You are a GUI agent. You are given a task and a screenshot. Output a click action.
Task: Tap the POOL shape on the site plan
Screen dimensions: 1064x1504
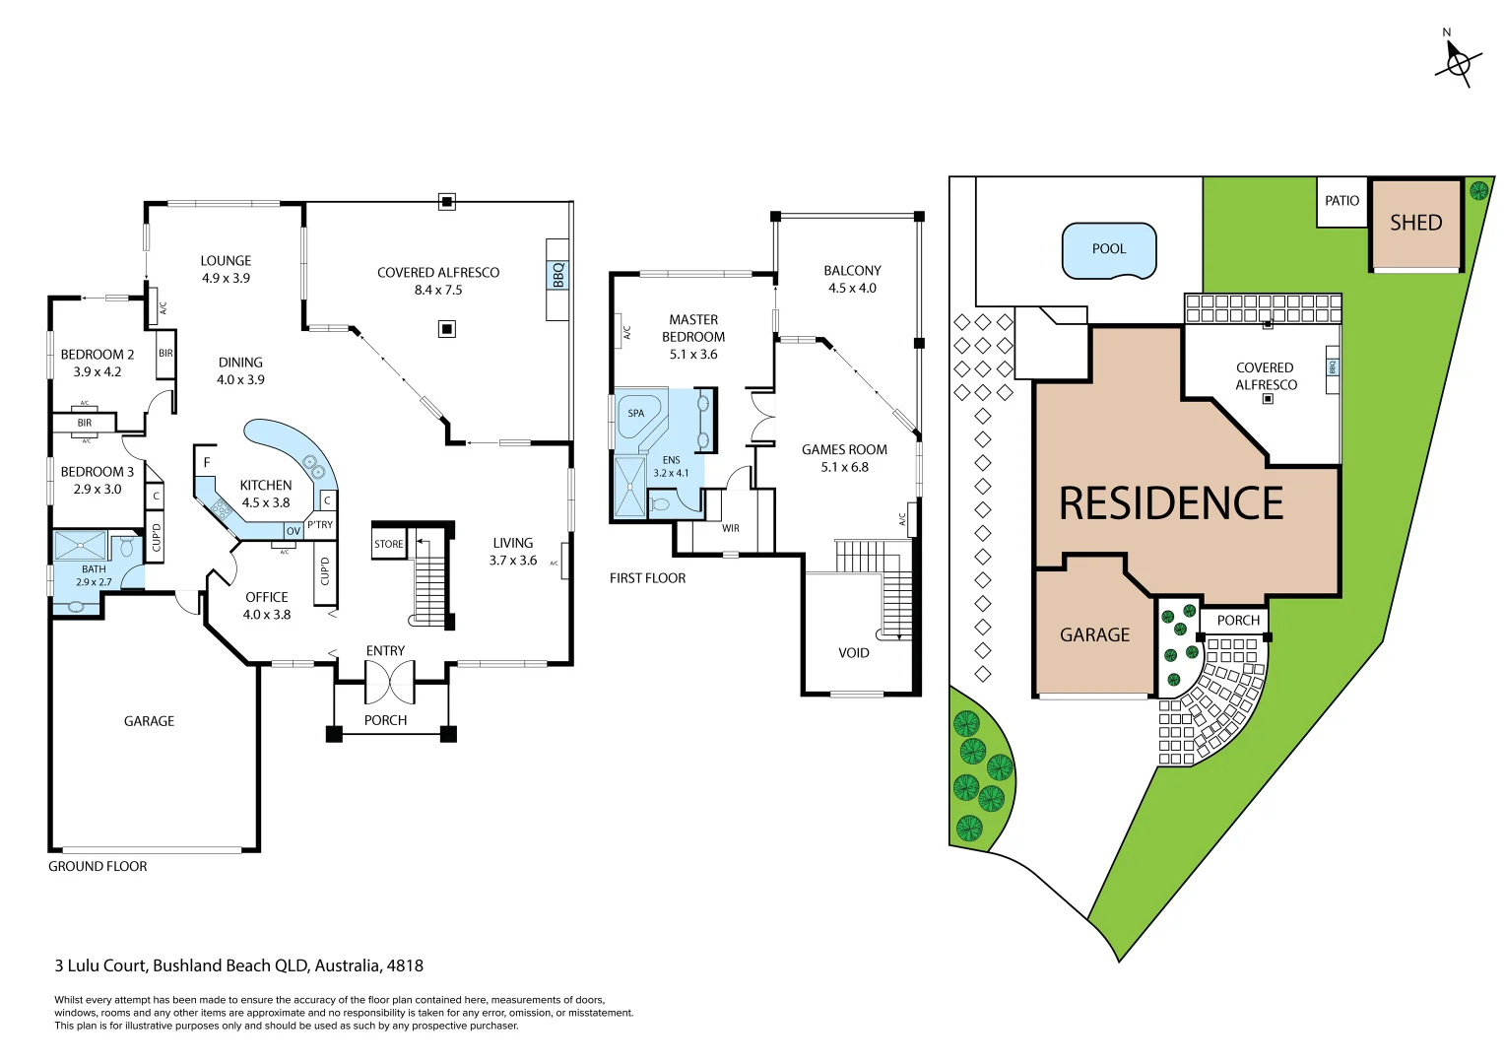pos(1109,250)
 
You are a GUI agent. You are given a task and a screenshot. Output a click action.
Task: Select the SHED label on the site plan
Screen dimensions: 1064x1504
pos(1415,224)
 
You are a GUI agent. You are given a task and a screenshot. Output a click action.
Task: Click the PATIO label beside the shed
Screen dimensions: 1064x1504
pos(1341,201)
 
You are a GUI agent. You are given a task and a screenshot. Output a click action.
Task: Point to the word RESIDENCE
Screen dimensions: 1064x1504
pos(1171,503)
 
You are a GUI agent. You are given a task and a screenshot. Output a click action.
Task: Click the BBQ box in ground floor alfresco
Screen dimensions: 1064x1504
pos(558,275)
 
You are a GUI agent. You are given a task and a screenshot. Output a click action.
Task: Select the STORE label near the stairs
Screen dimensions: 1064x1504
pos(389,544)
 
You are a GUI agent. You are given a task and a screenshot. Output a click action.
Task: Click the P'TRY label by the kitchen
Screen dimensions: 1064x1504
pos(320,525)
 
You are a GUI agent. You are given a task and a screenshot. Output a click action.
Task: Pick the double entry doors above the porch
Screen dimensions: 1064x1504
pos(389,680)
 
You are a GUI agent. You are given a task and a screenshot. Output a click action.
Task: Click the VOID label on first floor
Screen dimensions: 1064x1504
pos(854,653)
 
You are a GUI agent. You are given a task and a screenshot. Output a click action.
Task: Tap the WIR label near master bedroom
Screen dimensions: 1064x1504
pos(731,529)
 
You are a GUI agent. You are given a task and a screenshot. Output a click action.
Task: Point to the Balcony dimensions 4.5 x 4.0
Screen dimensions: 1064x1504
pos(852,289)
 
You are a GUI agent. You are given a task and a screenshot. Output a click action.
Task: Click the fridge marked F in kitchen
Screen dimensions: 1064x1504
pos(207,462)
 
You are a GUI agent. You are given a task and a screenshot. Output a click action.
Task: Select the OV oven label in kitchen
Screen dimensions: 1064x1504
pos(293,531)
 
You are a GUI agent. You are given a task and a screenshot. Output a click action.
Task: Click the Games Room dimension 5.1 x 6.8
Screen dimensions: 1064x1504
pos(844,468)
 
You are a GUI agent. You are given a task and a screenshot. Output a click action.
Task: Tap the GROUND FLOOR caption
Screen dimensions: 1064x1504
pos(98,867)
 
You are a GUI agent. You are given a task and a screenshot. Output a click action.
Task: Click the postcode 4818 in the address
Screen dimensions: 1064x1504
pos(405,966)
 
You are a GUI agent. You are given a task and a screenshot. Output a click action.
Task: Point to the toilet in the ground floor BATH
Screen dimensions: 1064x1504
pos(126,547)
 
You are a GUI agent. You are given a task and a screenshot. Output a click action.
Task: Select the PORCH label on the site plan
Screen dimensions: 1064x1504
pos(1238,621)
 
